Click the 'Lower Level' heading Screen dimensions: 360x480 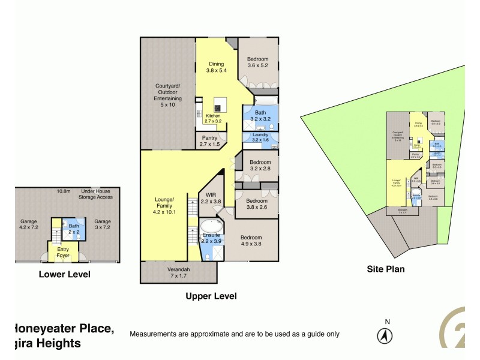click(64, 274)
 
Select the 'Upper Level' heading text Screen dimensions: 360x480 click(211, 296)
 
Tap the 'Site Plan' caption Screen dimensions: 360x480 click(385, 269)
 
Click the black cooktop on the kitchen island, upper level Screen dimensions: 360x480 click(217, 108)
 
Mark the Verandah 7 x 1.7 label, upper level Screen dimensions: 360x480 click(178, 272)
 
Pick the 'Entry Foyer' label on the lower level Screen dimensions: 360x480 click(63, 253)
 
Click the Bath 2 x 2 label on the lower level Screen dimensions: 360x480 click(73, 229)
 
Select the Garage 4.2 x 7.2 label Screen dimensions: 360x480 click(29, 224)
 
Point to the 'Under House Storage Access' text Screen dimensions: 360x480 click(97, 194)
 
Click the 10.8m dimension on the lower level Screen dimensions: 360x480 click(64, 191)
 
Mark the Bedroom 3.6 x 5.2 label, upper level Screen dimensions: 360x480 click(258, 62)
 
